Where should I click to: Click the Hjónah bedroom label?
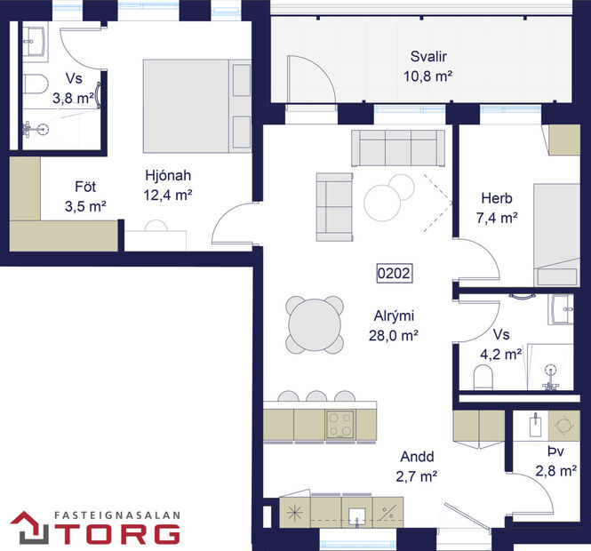pyautogui.click(x=168, y=174)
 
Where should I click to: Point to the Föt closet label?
pyautogui.click(x=85, y=188)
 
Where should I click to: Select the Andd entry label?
pyautogui.click(x=415, y=457)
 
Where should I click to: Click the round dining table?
pyautogui.click(x=315, y=325)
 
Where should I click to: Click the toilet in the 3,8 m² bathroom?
pyautogui.click(x=33, y=87)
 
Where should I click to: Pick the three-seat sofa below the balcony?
pyautogui.click(x=398, y=148)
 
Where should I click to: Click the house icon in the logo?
pyautogui.click(x=29, y=527)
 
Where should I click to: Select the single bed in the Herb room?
pyautogui.click(x=555, y=233)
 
